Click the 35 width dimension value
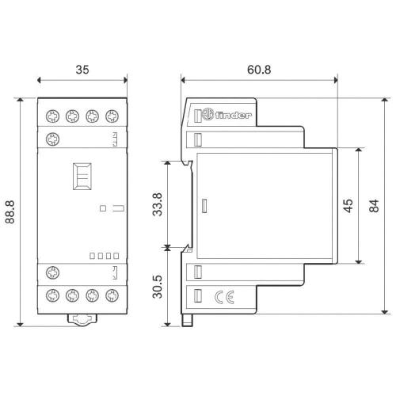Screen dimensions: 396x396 click(82, 70)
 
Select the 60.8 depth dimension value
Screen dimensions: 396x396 click(259, 70)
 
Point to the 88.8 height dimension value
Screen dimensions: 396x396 click(10, 212)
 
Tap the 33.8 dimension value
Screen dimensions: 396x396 click(158, 204)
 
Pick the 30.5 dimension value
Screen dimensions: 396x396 click(158, 287)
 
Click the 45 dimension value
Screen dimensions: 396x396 click(348, 206)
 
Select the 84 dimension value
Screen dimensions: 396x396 click(374, 206)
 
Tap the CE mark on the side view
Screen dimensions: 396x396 click(224, 297)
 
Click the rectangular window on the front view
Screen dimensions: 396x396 click(82, 177)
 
